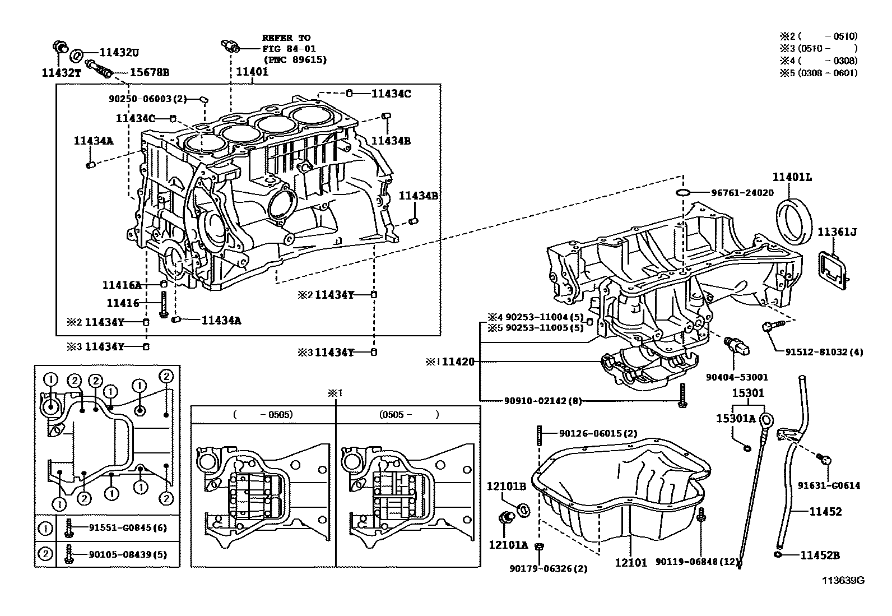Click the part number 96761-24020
pos(742,193)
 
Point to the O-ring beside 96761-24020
pos(682,193)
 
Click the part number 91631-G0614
pos(829,486)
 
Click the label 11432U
pos(119,53)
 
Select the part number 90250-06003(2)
pos(147,99)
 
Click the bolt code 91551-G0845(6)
pos(127,527)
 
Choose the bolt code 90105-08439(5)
pos(127,555)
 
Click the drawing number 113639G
pos(843,581)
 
